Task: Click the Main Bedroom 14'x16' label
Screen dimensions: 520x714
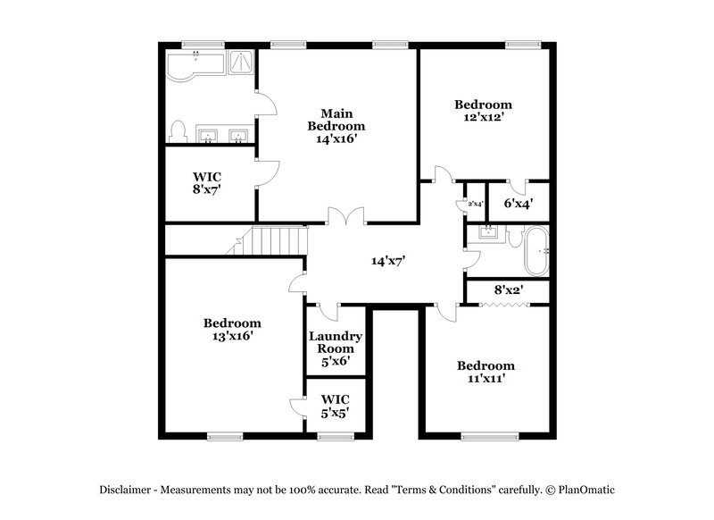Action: click(336, 126)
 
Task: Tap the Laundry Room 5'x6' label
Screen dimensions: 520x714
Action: click(336, 348)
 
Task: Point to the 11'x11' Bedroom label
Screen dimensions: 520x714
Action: click(486, 373)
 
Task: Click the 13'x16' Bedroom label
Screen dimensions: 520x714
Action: click(232, 330)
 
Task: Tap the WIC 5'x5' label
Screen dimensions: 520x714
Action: click(335, 405)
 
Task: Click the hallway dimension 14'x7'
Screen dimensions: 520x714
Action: click(389, 262)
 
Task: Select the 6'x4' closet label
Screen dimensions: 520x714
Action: click(518, 204)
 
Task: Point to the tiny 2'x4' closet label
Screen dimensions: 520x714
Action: click(475, 205)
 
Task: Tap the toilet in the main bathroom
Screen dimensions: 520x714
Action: click(178, 132)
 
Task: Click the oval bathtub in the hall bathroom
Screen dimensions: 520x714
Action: click(535, 251)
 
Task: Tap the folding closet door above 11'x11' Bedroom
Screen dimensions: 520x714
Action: click(506, 306)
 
